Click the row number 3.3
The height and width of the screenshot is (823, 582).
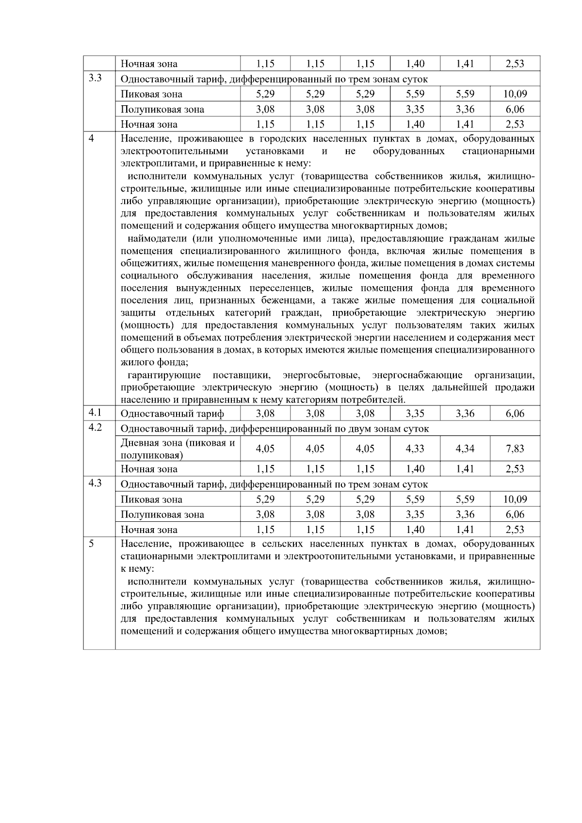95,78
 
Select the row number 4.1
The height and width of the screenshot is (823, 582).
95,413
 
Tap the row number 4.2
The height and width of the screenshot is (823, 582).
95,428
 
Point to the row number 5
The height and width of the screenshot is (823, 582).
92,544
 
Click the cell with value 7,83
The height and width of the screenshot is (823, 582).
515,449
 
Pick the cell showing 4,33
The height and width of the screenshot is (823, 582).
415,449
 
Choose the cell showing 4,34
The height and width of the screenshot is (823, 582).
465,449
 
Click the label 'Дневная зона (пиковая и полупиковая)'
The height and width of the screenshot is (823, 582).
178,449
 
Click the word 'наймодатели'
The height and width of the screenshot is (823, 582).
159,239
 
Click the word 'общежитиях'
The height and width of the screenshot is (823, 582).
148,263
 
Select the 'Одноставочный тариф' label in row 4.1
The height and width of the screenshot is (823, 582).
172,414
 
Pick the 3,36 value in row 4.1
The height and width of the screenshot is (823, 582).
465,414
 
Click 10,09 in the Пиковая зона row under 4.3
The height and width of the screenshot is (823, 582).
515,499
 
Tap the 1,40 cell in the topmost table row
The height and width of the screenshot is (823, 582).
415,64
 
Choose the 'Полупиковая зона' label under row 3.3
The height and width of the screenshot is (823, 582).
162,109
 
